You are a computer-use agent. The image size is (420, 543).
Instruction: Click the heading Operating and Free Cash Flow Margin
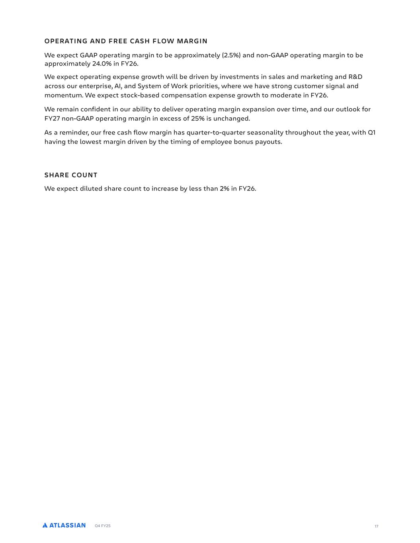126,41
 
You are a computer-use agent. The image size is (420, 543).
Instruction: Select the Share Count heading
71,175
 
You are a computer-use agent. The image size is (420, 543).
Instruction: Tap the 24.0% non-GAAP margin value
102,64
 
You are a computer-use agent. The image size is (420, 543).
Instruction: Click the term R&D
355,77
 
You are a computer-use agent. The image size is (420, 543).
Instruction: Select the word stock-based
140,95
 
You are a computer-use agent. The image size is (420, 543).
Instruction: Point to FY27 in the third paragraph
52,119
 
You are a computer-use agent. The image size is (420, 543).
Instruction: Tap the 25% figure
198,119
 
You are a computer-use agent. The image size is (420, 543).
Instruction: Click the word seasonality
265,132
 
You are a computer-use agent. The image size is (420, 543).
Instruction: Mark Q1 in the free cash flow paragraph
371,132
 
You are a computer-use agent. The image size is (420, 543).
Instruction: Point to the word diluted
91,189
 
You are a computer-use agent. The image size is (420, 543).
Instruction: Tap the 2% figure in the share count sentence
225,189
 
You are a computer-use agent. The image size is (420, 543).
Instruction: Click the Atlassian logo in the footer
64,525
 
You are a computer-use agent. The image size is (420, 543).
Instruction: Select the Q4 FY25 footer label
103,526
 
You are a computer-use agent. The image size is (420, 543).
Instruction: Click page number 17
376,526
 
